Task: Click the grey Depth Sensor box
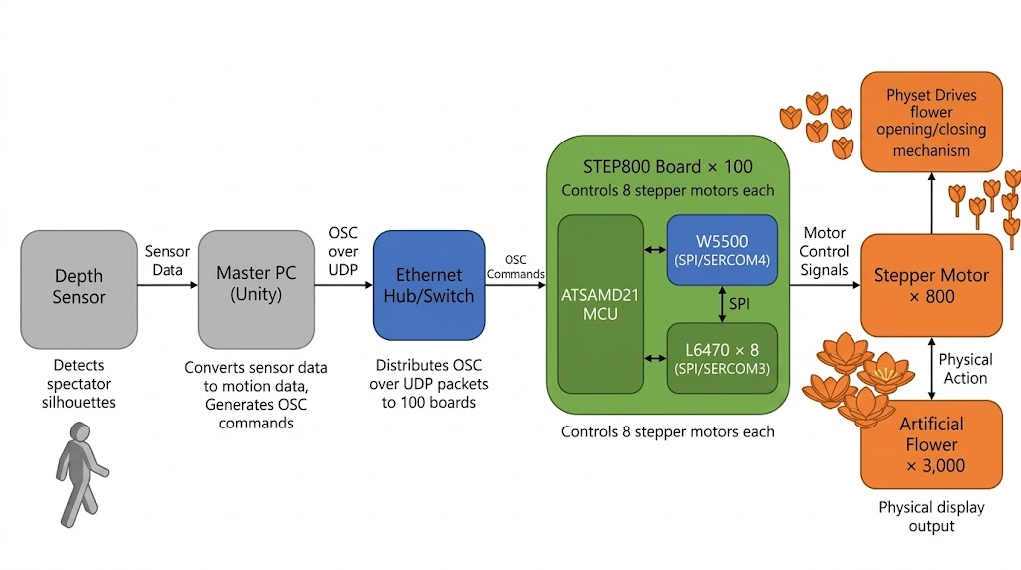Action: tap(79, 289)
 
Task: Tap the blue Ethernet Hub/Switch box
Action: tap(428, 286)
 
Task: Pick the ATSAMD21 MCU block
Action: tap(602, 304)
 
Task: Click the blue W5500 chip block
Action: tap(721, 250)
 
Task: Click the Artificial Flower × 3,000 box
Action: tap(930, 444)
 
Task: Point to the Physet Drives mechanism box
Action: tap(931, 122)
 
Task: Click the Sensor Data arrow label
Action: tap(168, 261)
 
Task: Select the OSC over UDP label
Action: tap(343, 252)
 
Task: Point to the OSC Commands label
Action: tap(515, 267)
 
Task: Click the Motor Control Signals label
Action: tap(825, 251)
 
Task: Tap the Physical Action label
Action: tap(965, 368)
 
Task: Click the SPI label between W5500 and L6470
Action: tap(739, 304)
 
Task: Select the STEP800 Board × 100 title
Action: tap(667, 166)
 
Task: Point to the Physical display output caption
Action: tap(931, 516)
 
